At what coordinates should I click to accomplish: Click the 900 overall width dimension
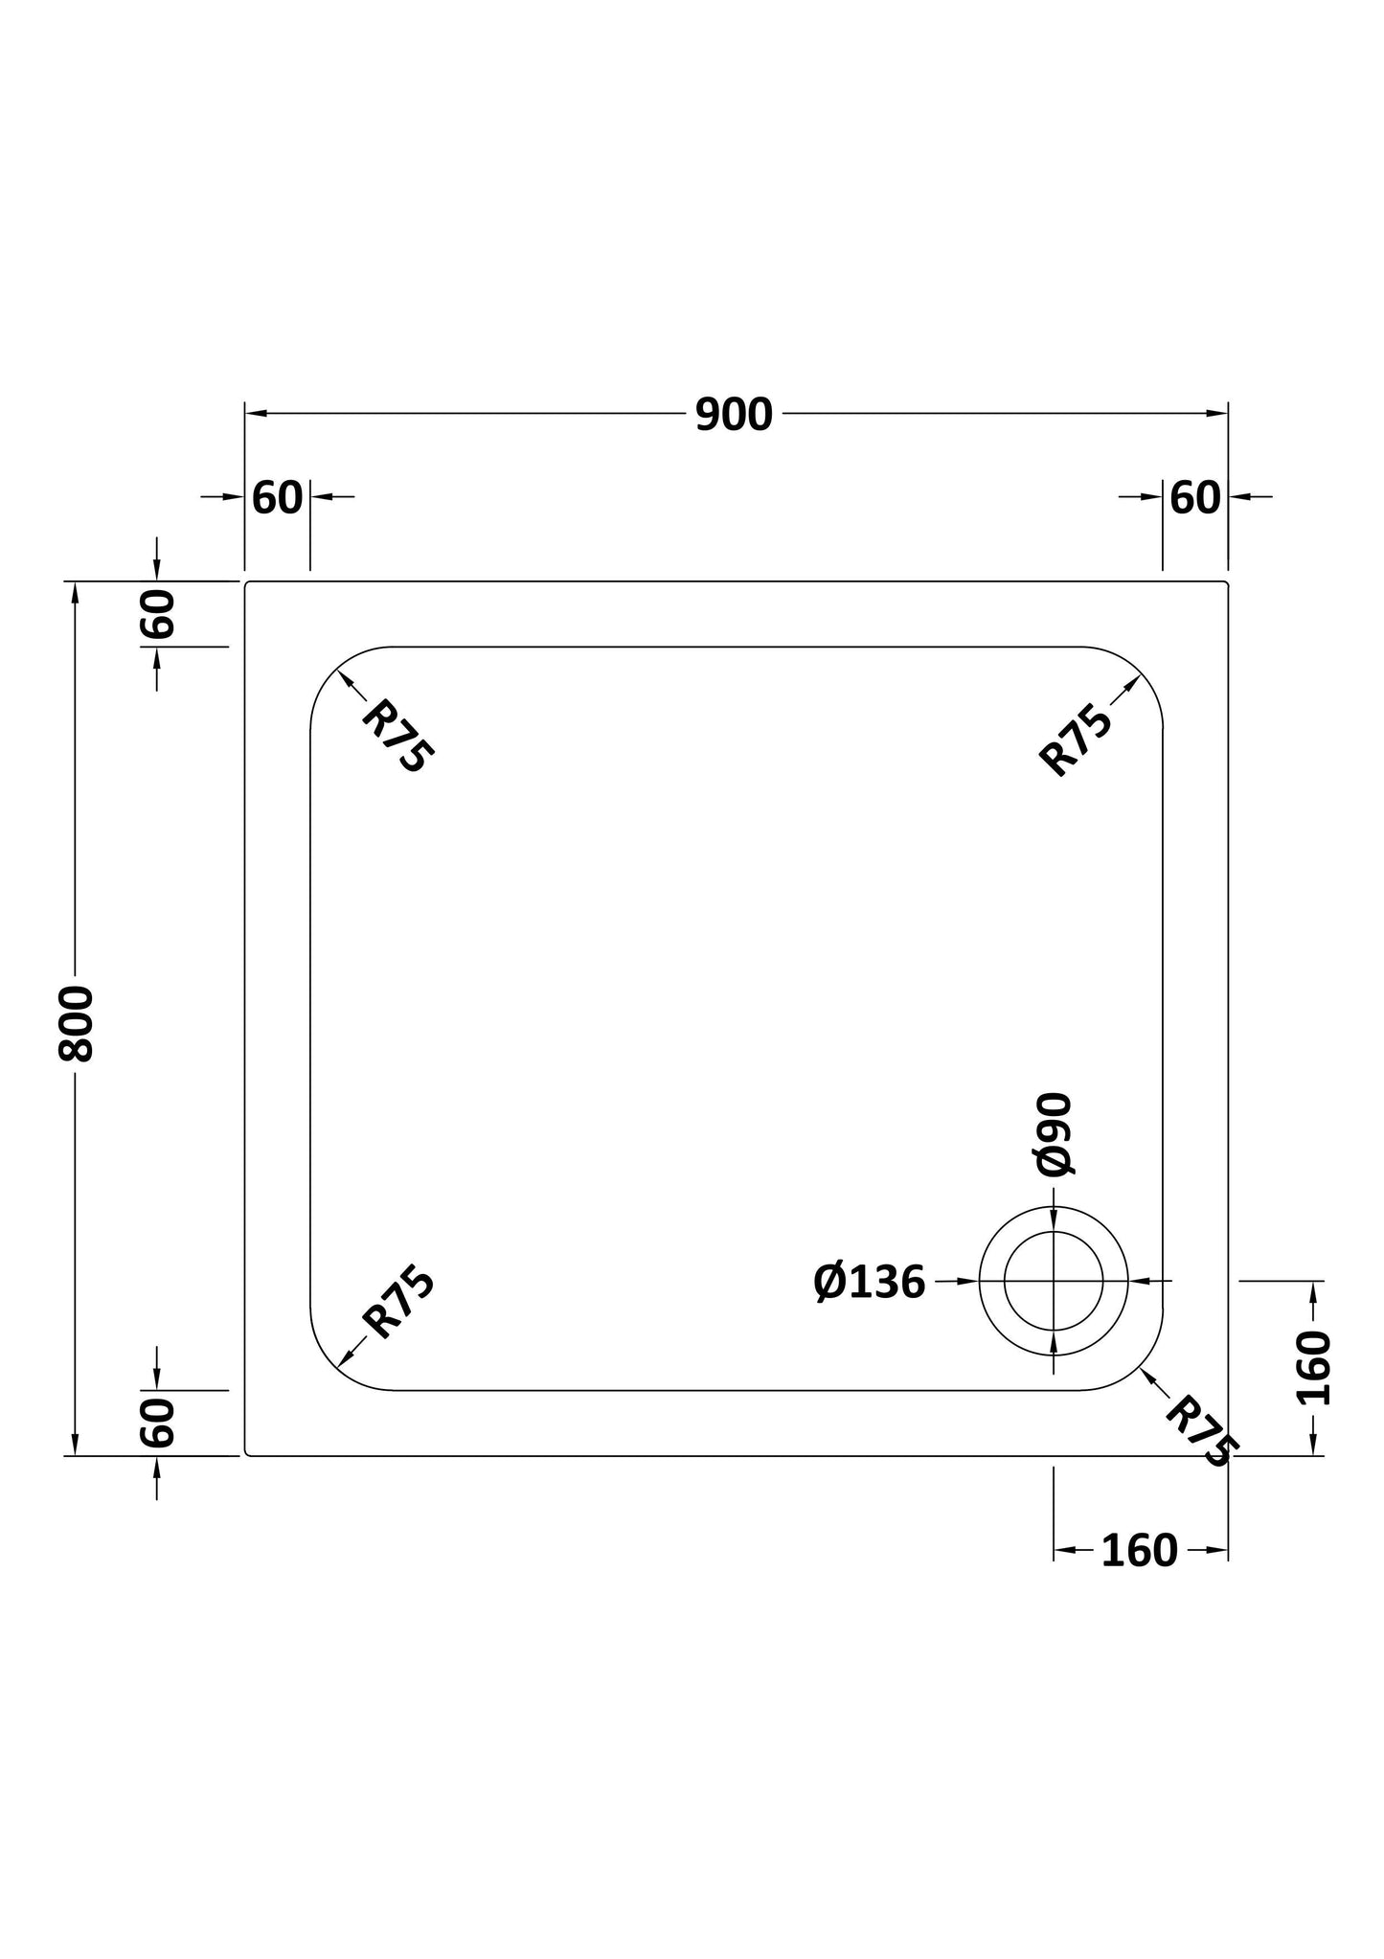point(734,415)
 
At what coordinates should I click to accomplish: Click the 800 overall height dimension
point(77,1023)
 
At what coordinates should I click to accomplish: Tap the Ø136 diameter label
point(870,1282)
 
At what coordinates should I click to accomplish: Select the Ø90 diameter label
point(1055,1134)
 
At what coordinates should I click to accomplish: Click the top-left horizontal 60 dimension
point(278,498)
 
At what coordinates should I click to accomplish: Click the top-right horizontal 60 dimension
point(1195,498)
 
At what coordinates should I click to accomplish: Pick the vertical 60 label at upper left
point(158,614)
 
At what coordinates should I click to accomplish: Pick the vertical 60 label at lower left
point(158,1423)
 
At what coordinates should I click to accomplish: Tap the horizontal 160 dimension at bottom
point(1139,1551)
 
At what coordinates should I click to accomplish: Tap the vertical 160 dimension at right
point(1313,1368)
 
